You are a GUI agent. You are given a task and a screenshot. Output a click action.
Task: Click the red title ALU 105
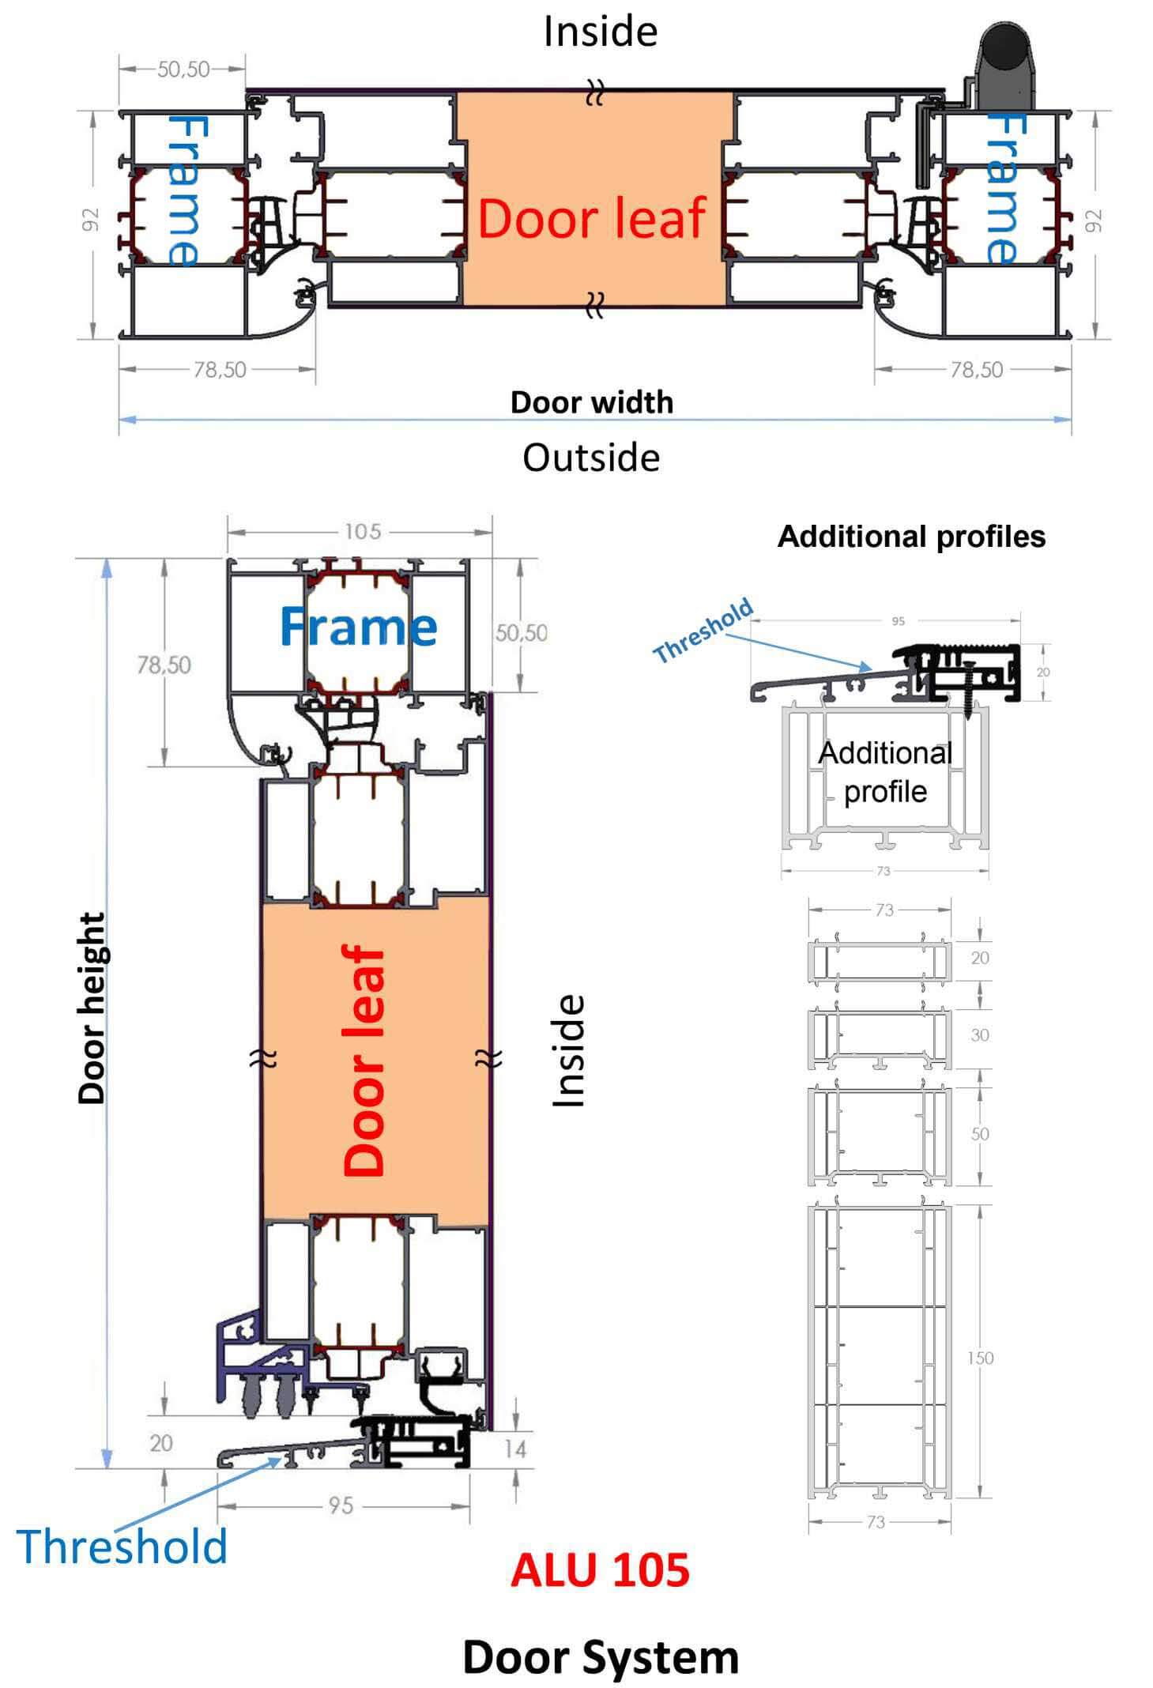click(x=599, y=1569)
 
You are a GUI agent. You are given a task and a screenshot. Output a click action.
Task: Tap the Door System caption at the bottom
click(x=600, y=1656)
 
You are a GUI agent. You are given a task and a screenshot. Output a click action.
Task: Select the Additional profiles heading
click(x=910, y=537)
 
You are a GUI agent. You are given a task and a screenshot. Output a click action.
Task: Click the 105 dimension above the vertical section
click(x=362, y=532)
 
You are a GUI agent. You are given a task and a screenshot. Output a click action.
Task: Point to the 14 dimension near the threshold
click(x=515, y=1449)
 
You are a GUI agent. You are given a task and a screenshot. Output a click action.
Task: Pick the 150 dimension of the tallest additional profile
click(x=980, y=1358)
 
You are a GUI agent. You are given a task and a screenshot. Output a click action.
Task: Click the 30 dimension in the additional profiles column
click(x=979, y=1035)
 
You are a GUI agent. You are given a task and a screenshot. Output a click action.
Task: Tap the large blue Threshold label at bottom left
click(x=122, y=1547)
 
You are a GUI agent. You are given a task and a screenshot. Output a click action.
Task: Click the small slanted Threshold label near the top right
click(x=703, y=631)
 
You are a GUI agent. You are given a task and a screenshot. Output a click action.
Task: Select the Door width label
click(x=591, y=402)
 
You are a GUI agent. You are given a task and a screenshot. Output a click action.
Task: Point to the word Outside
click(x=591, y=458)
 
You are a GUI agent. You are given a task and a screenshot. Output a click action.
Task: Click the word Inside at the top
click(x=600, y=32)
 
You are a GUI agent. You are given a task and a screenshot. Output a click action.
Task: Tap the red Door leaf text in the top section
click(x=591, y=218)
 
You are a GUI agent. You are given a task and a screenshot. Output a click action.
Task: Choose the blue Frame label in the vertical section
click(x=358, y=627)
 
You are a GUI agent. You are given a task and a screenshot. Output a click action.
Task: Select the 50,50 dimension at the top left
click(x=183, y=70)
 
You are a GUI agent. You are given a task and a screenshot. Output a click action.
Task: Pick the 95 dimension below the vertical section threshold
click(x=341, y=1505)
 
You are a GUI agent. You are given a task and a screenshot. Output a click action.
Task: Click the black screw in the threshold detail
click(x=970, y=684)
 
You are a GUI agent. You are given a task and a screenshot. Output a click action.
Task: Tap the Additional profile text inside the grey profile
click(x=884, y=772)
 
